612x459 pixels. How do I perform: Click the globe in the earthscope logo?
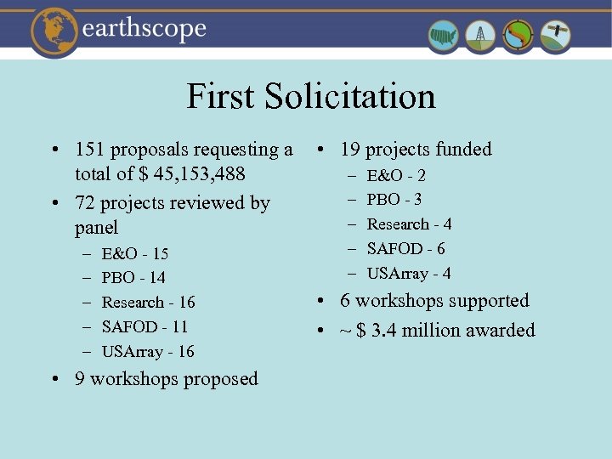point(55,31)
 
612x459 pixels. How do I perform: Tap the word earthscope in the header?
point(145,30)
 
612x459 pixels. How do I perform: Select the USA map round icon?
point(444,36)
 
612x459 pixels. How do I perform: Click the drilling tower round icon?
point(481,36)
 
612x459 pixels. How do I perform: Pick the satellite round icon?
point(556,36)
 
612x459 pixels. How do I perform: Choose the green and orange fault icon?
point(518,36)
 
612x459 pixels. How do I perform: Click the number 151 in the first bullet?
point(90,150)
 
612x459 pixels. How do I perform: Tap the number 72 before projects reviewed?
point(85,203)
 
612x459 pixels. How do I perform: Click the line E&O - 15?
point(134,253)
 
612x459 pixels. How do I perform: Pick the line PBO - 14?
point(133,278)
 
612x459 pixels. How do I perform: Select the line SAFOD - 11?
point(144,327)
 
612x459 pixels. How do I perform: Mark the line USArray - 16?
point(148,351)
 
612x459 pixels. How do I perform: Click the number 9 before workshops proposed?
point(80,379)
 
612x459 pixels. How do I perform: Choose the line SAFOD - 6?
point(405,249)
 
